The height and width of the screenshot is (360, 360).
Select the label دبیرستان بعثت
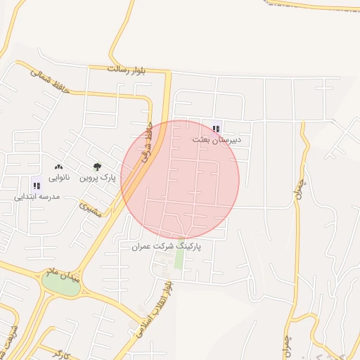tap(217, 140)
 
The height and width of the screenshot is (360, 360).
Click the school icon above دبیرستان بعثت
tap(217, 129)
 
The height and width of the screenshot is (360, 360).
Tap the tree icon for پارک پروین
tap(97, 167)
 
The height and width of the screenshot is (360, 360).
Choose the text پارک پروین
tap(97, 179)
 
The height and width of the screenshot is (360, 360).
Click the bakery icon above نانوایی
tap(58, 167)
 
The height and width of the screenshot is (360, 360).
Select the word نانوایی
tap(58, 179)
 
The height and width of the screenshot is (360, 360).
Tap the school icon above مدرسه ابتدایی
tap(37, 186)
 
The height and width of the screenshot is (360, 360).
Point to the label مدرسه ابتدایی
tap(37, 197)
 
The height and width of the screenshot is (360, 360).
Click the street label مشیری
tap(91, 210)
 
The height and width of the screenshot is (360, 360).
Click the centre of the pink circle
tap(180, 180)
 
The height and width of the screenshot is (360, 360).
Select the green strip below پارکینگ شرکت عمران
tap(179, 259)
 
